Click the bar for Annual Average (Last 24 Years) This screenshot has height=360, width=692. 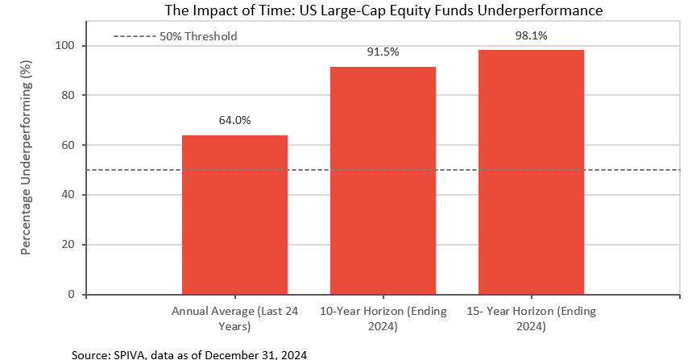(234, 215)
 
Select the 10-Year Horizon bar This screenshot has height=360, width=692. (383, 180)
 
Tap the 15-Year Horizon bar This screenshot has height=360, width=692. (532, 172)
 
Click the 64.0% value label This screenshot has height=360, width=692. (234, 120)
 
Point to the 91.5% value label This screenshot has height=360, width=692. (383, 52)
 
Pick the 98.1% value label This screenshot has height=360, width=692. (532, 35)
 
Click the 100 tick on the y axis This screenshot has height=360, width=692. (65, 45)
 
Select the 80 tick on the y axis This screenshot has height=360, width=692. (68, 95)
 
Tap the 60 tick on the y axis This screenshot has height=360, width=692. (68, 145)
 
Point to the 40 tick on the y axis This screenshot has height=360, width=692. (68, 195)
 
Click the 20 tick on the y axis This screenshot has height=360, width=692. (68, 244)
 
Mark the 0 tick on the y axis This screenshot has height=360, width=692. (72, 294)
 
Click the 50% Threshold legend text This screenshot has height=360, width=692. (198, 36)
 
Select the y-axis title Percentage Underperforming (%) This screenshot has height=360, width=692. (26, 158)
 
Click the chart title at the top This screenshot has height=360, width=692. (383, 10)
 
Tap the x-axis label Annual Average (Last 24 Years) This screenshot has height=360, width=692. (234, 319)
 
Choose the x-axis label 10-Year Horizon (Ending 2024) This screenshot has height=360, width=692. (383, 319)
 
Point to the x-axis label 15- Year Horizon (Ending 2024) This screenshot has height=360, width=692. (532, 319)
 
